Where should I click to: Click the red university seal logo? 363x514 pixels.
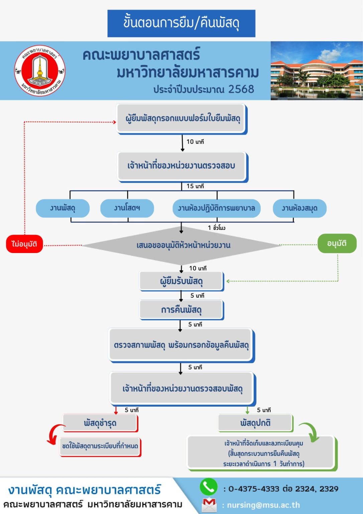point(39,71)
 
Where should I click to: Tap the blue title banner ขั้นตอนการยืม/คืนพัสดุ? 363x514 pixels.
point(181,23)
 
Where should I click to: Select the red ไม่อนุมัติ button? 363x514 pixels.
point(24,244)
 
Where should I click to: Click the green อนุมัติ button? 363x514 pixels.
point(337,243)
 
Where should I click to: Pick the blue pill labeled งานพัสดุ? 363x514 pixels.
point(63,208)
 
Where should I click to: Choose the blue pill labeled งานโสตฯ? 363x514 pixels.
point(127,208)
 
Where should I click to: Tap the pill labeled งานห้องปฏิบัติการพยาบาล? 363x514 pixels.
point(216,208)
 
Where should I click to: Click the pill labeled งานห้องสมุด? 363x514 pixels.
point(299,208)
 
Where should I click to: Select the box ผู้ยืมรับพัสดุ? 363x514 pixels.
point(181,281)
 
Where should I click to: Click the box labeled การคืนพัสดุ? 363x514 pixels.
point(181,310)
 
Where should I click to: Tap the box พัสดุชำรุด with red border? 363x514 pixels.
point(100,423)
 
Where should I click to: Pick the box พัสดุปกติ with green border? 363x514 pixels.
point(255,423)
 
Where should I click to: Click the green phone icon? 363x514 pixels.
point(209,487)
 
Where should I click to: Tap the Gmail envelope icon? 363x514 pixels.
point(209,505)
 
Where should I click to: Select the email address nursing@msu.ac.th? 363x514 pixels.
point(263,505)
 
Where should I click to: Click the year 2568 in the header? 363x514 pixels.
point(241,89)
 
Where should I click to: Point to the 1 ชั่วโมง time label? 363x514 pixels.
point(217,228)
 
